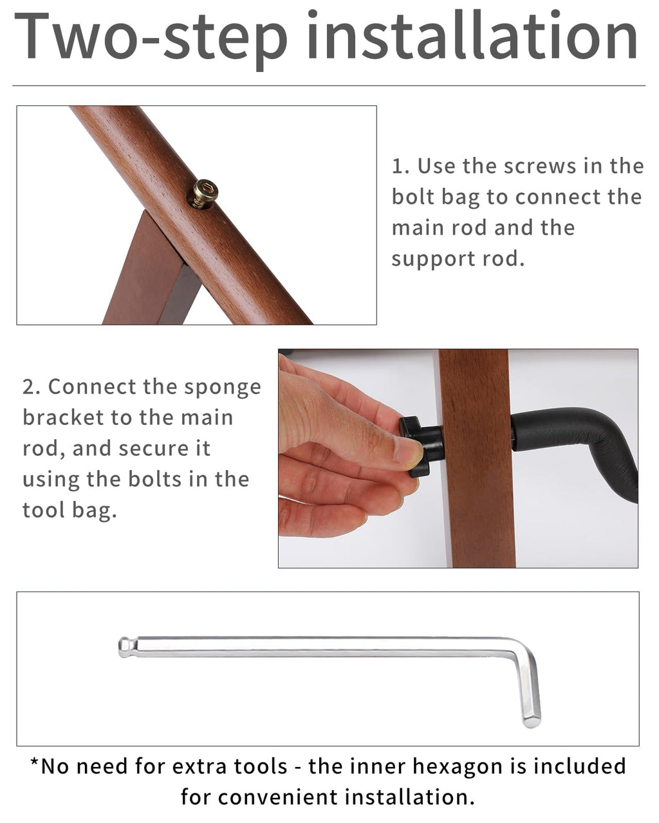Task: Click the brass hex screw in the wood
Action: coord(203,194)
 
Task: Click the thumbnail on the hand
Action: coord(408,451)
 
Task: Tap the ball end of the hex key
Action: coord(124,647)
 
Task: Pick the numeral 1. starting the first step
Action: coord(400,167)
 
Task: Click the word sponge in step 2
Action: coord(223,388)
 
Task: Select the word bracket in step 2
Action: coord(64,418)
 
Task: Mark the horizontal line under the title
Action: coord(329,86)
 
